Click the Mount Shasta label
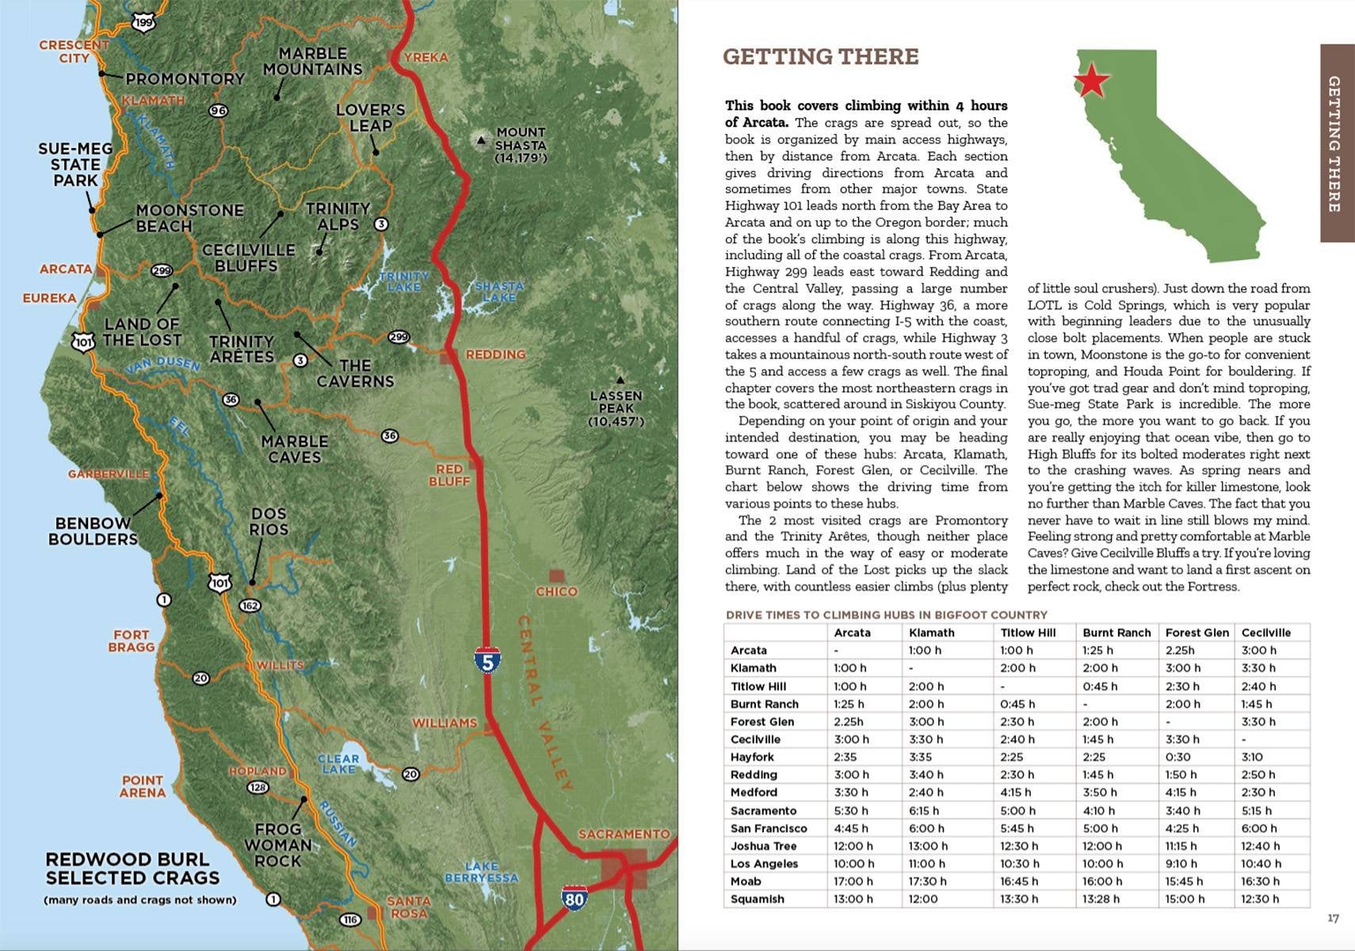pos(521,145)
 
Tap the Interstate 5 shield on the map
pos(487,659)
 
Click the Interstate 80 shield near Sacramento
pos(574,898)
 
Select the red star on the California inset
pos(1091,80)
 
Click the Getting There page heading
pos(820,57)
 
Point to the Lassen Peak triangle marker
pos(620,380)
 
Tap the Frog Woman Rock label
pos(277,845)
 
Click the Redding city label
pos(495,354)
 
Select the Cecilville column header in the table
pos(1265,632)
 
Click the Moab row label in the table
pos(746,881)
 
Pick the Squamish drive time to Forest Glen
pos(1185,899)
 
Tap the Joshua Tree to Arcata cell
pos(853,846)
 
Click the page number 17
pos(1333,918)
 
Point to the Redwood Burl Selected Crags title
pos(132,869)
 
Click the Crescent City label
pos(74,52)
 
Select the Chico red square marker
pos(557,576)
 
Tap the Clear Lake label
pos(338,764)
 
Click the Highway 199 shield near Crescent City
pos(143,23)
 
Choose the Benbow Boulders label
pos(93,531)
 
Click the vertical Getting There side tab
pos(1335,143)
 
